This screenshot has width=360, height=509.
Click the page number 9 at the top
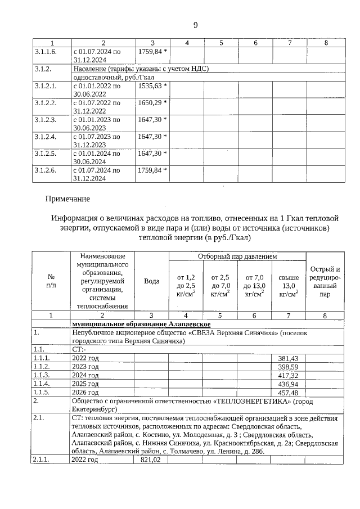pos(195,25)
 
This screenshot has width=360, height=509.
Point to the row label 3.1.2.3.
pos(46,120)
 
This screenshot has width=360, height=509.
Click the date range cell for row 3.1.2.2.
pos(97,107)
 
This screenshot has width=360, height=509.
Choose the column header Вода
pos(151,281)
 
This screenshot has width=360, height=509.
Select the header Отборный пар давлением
pos(237,256)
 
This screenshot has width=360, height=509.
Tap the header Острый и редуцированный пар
pos(325,281)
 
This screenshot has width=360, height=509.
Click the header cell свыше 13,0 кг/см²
pos(289,285)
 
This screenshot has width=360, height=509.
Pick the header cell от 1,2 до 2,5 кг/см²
pos(186,285)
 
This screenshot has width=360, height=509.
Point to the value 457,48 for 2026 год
pos(288,391)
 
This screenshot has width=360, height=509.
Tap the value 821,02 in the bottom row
pos(150,460)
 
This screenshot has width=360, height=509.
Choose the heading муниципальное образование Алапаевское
pos(141,325)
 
